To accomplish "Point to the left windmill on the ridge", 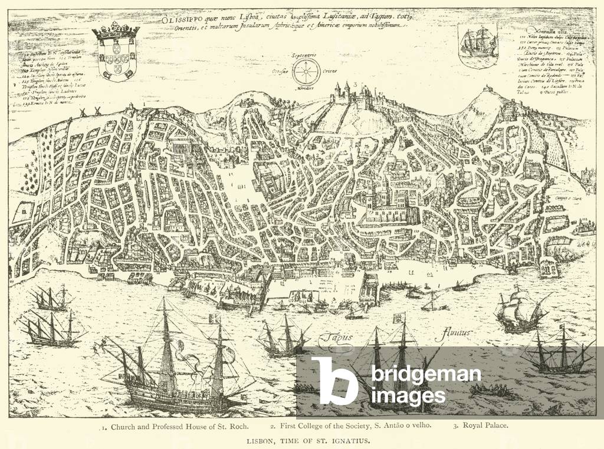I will pyautogui.click(x=83, y=112).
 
